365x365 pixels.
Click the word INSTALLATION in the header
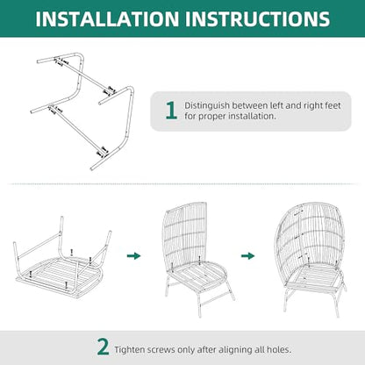click(107, 18)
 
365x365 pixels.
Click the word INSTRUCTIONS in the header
click(258, 18)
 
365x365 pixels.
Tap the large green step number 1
click(171, 111)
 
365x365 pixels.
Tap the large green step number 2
click(103, 347)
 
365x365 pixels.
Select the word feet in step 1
click(332, 105)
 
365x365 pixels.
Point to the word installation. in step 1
click(252, 116)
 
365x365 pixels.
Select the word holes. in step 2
click(279, 349)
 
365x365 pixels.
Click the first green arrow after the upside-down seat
click(133, 256)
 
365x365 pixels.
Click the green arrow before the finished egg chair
click(247, 256)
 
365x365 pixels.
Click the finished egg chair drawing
click(310, 257)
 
